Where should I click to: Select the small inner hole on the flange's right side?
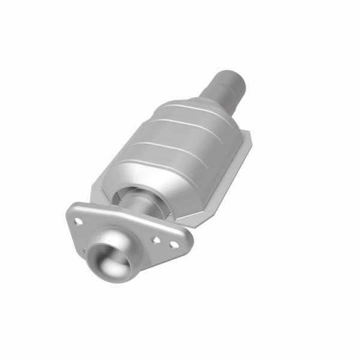point(157,238)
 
